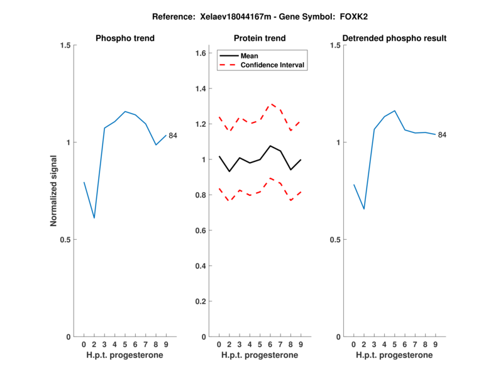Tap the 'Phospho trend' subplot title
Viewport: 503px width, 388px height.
pos(125,38)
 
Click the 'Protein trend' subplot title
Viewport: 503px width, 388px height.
pos(260,38)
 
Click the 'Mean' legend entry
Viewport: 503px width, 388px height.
pos(249,56)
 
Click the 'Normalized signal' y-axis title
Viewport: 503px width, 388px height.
pos(53,191)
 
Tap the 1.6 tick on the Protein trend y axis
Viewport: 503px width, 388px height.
pos(201,54)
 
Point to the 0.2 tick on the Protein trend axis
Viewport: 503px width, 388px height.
pos(201,301)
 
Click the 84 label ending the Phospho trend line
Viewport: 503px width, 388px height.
pos(173,136)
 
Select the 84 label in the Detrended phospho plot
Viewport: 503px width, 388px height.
pos(442,135)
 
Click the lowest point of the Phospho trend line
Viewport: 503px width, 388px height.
pos(94,218)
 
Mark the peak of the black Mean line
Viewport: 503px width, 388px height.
pos(270,146)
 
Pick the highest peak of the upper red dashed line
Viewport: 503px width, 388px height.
pos(270,104)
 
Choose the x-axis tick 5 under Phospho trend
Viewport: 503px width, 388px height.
pos(125,344)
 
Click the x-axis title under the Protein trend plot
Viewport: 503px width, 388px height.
pos(260,355)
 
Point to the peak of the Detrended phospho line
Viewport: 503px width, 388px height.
pos(395,110)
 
